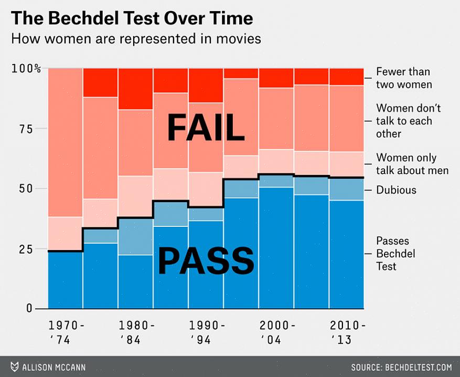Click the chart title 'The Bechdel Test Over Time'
[132, 18]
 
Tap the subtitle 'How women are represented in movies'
[136, 39]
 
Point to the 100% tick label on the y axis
[26, 68]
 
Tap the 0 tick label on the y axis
[29, 308]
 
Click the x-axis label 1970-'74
[66, 332]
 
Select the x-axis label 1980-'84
[136, 332]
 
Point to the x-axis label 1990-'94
[207, 332]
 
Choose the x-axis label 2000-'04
[277, 332]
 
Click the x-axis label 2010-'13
[347, 332]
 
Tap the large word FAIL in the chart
[206, 128]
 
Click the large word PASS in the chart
[206, 260]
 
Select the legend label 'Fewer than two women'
[403, 78]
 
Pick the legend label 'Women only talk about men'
[412, 164]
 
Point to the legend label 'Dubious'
[396, 190]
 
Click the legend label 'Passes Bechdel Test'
[395, 253]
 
